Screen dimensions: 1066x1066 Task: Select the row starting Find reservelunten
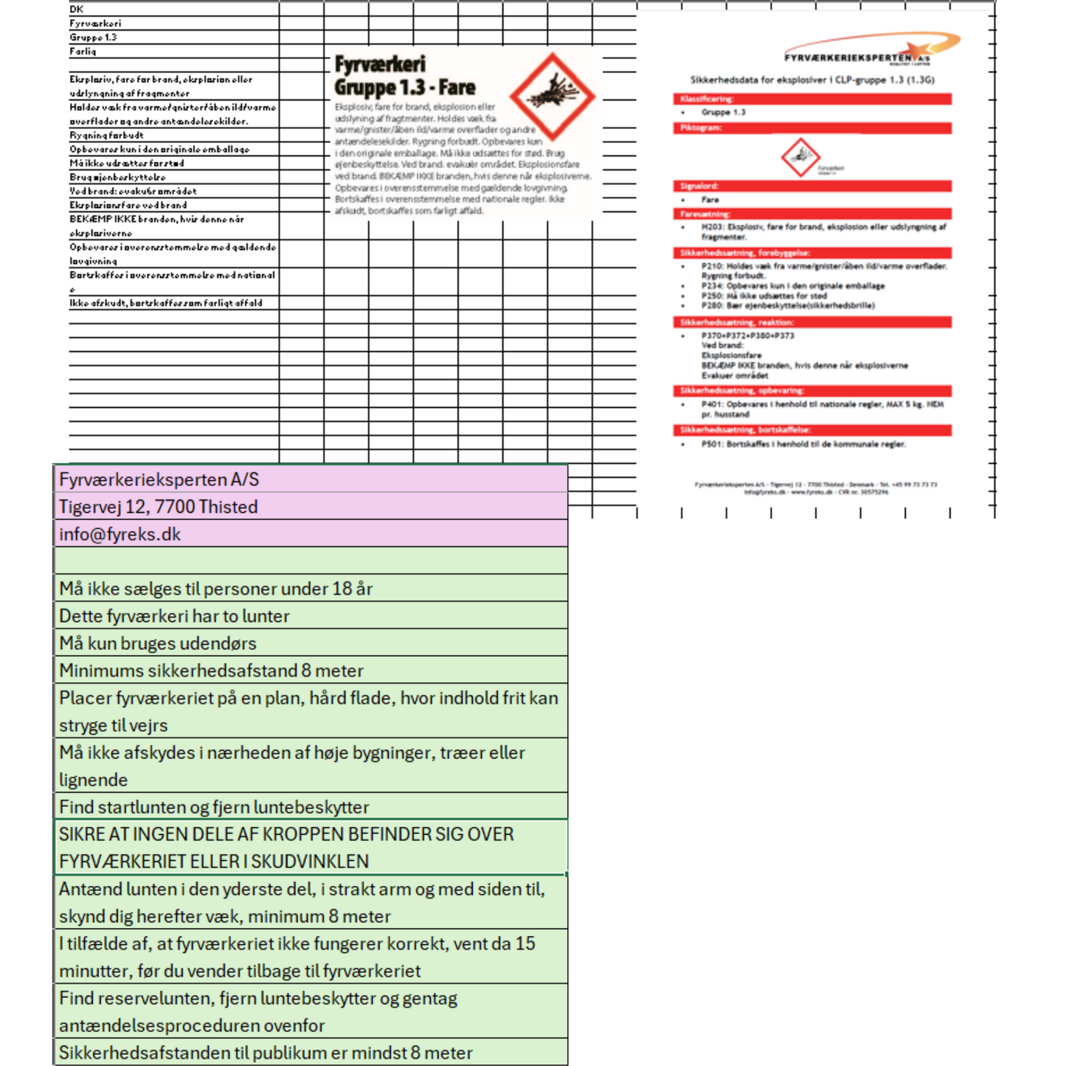258,1011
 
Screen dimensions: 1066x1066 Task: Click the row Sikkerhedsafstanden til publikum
266,1053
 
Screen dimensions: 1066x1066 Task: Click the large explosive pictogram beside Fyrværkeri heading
552,95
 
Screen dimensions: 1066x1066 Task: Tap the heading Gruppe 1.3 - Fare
405,87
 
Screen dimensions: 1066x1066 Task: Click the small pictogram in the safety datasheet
800,157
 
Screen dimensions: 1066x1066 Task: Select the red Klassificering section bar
811,99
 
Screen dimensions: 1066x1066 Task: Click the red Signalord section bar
811,186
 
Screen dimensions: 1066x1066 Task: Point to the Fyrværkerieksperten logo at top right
871,49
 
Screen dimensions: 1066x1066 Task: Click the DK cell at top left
77,9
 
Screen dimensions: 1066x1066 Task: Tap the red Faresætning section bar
811,214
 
